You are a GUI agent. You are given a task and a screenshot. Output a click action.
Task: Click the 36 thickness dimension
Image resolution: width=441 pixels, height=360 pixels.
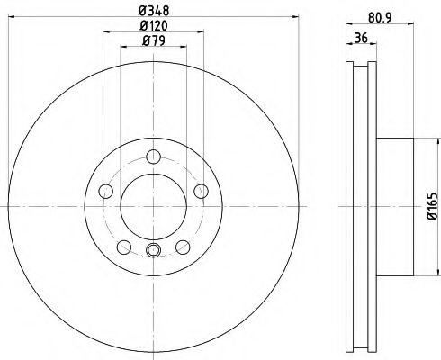(359, 39)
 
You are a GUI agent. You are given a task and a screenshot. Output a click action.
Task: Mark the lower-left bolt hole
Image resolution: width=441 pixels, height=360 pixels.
(122, 246)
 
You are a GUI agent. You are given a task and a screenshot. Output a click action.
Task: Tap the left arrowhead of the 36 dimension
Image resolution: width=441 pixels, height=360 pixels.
(348, 48)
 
